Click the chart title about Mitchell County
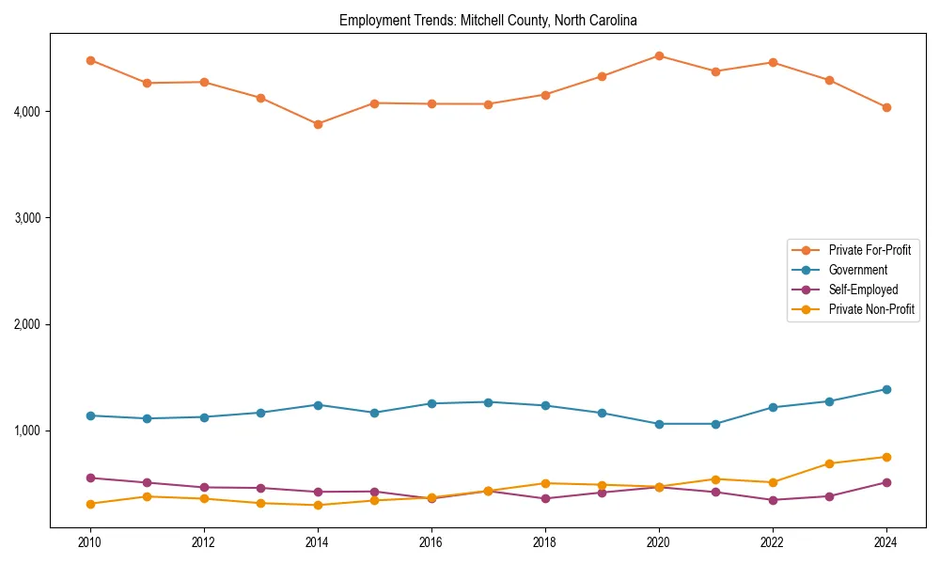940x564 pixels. (x=488, y=20)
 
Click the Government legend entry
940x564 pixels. (x=857, y=270)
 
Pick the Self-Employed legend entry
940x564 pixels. (x=863, y=290)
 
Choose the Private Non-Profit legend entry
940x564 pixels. (x=871, y=309)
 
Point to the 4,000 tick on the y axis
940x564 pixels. (x=26, y=112)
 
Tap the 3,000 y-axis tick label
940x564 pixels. (x=26, y=218)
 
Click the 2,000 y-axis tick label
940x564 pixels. (x=26, y=324)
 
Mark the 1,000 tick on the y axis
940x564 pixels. (x=26, y=431)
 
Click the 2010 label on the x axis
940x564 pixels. (x=90, y=542)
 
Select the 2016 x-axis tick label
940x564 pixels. (x=431, y=542)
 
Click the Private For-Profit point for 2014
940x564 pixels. (x=318, y=124)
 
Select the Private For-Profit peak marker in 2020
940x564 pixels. (x=659, y=55)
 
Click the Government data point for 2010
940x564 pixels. (x=90, y=415)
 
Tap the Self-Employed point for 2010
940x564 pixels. (x=90, y=478)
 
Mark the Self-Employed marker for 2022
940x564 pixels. (x=773, y=500)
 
